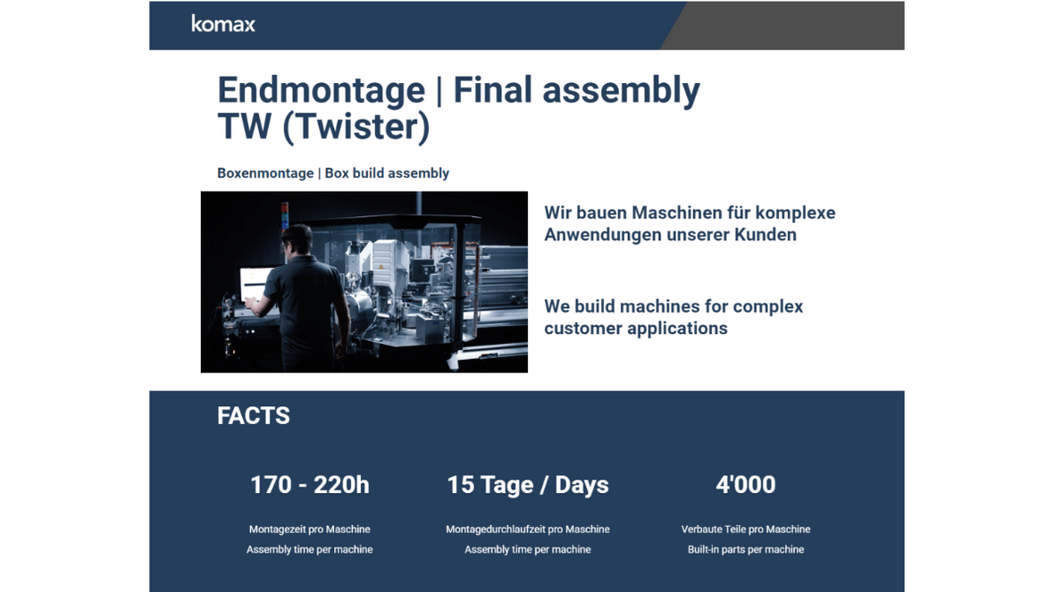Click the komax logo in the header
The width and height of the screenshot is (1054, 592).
tap(223, 24)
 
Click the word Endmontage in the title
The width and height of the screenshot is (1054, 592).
tap(321, 90)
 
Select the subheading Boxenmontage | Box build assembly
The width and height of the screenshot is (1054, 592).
tap(332, 173)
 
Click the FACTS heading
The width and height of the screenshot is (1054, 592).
tap(253, 416)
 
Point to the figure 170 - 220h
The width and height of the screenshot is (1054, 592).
tap(309, 485)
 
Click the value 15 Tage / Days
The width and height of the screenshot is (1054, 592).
tap(527, 485)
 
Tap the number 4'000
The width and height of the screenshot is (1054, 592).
tap(745, 485)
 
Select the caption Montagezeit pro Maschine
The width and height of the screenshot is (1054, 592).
tap(309, 529)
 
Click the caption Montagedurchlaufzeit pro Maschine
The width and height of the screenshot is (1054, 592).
tap(527, 529)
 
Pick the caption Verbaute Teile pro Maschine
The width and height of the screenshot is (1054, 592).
tap(745, 529)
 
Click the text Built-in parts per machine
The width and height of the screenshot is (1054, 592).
tap(745, 550)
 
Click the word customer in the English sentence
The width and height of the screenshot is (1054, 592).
tap(585, 329)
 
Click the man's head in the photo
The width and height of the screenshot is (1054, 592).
tap(298, 240)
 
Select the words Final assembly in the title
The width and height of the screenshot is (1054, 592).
tap(576, 90)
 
